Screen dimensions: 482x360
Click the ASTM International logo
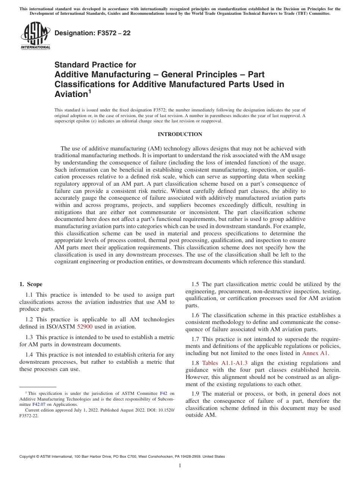[35, 36]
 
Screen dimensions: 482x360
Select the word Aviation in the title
[71, 94]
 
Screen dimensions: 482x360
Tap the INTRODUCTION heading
[180, 135]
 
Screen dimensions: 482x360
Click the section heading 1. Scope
[31, 284]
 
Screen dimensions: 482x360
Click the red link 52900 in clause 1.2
[85, 327]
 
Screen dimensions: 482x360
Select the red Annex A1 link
[315, 353]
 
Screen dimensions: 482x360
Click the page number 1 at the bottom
[180, 466]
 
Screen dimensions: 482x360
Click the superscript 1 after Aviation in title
[90, 91]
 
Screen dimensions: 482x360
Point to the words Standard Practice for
[95, 65]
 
